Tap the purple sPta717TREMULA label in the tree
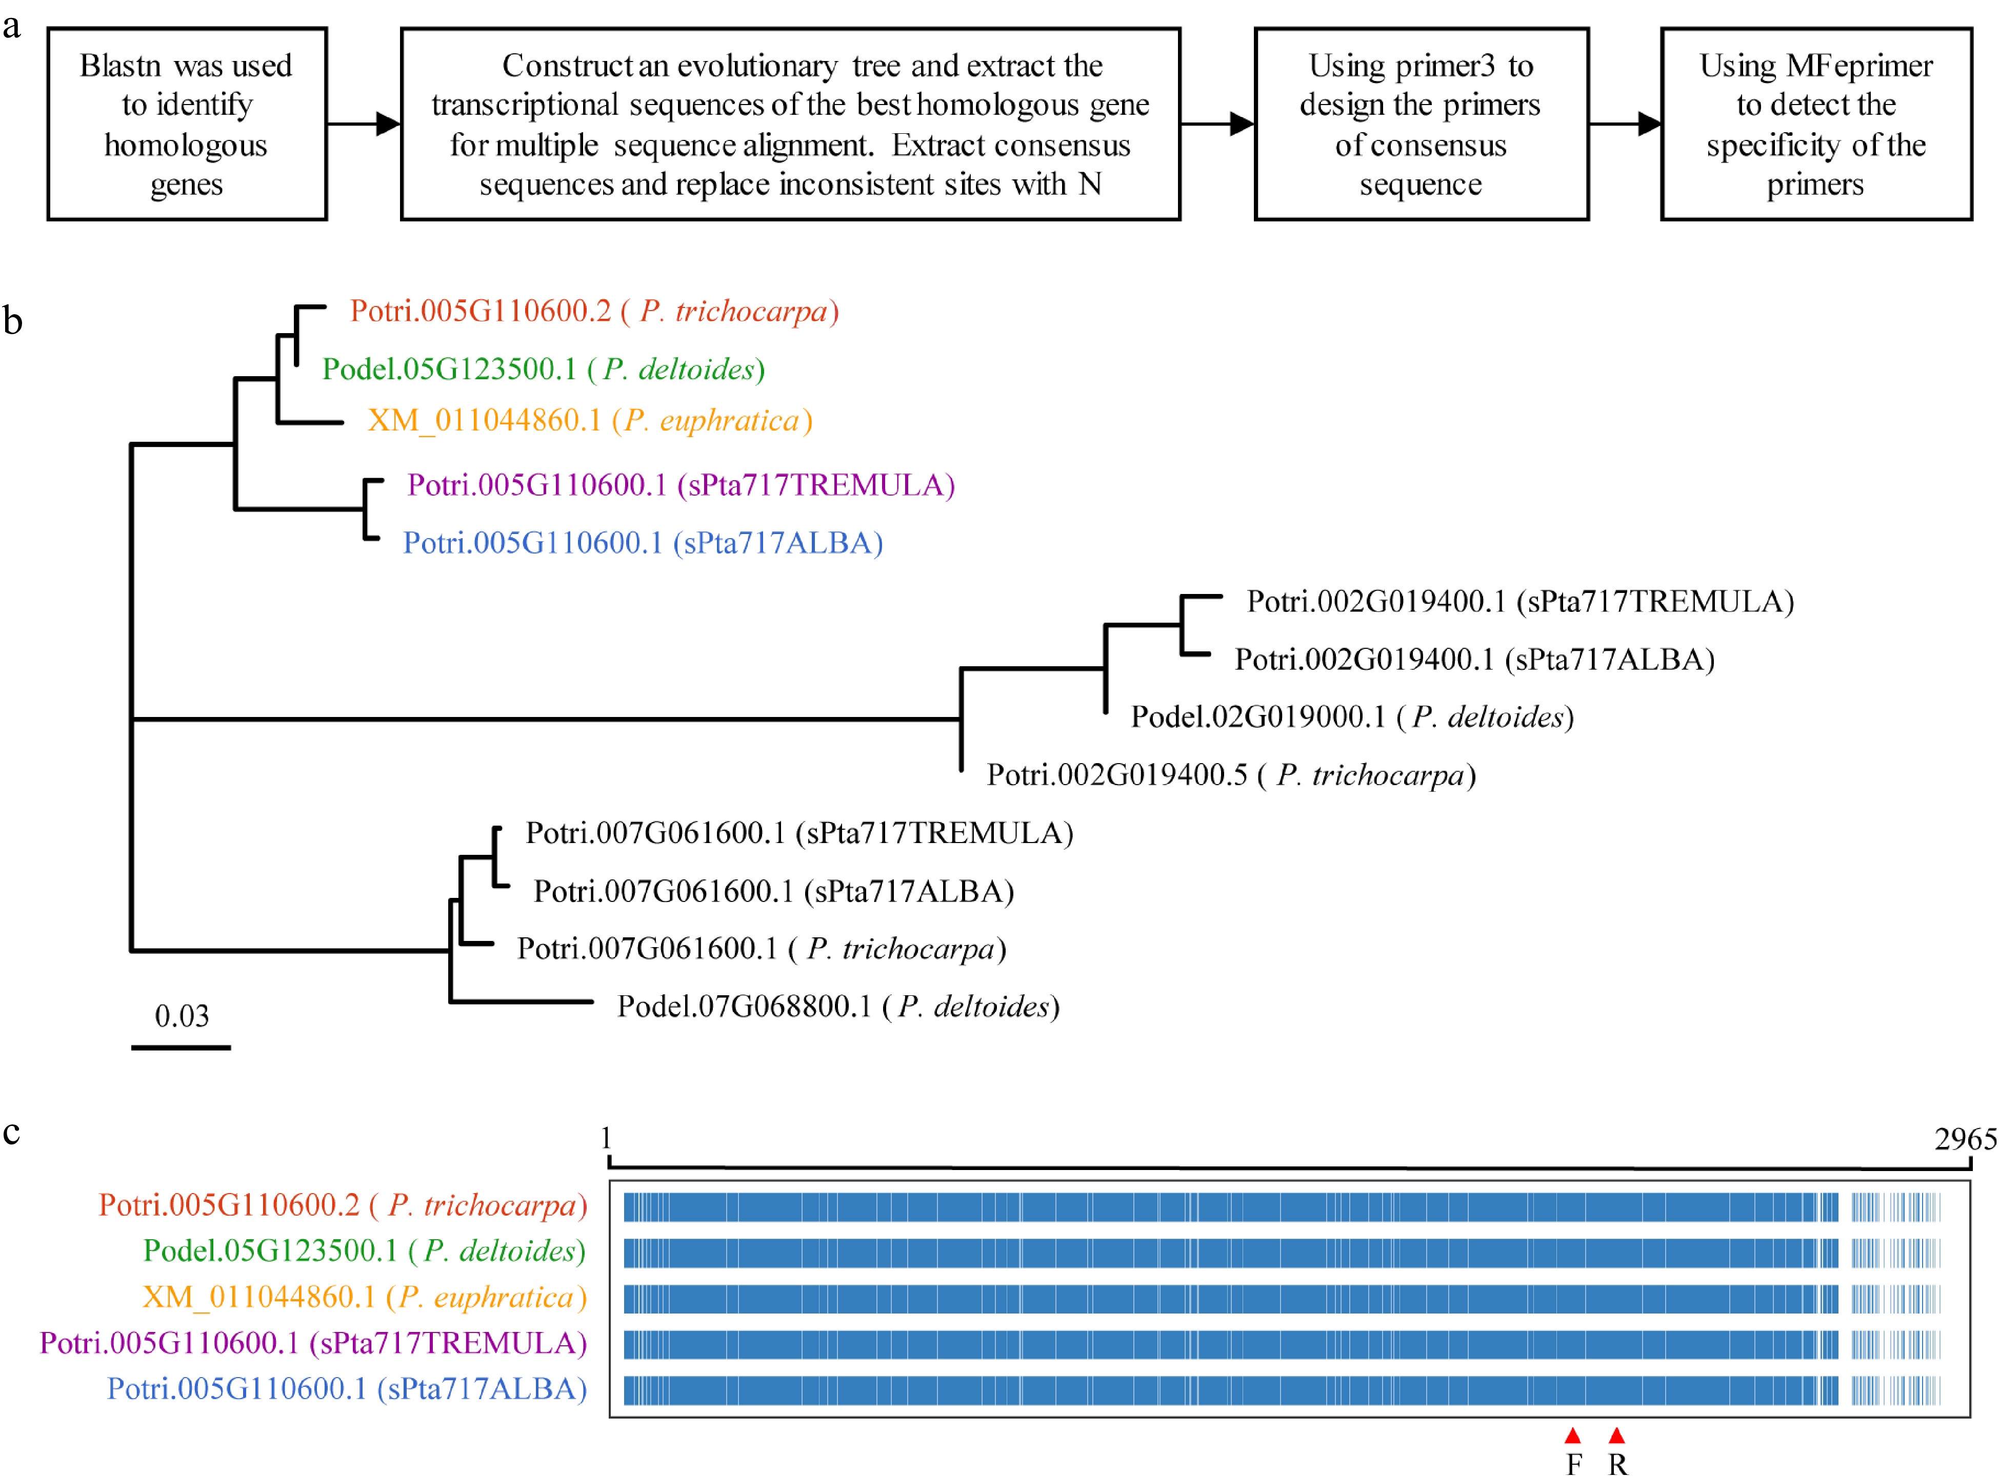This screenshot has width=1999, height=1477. pos(681,485)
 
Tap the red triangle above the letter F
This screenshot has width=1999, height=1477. pos(1572,1436)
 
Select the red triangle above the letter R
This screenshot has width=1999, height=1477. pos(1616,1436)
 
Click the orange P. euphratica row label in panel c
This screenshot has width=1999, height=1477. pos(364,1297)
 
